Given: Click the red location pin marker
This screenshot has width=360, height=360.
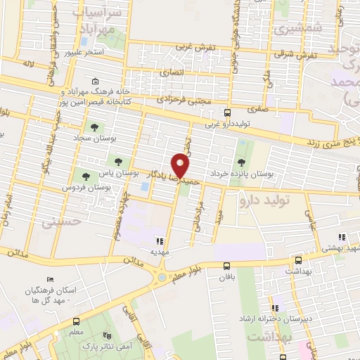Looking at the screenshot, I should click(181, 166).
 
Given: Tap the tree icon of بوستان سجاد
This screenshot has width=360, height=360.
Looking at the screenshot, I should click(95, 127).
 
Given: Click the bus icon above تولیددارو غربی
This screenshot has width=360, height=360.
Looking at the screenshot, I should click(227, 112).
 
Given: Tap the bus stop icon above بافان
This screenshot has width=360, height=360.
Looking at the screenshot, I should click(226, 266).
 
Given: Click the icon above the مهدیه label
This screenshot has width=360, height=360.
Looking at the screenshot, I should click(159, 240).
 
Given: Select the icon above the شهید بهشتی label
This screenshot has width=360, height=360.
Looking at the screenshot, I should click(342, 238).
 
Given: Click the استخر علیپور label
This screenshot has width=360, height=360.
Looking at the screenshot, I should click(84, 53).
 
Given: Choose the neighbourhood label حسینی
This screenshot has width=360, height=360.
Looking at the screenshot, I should click(61, 224).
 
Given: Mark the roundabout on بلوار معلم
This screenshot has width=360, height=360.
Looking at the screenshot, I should click(162, 277).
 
